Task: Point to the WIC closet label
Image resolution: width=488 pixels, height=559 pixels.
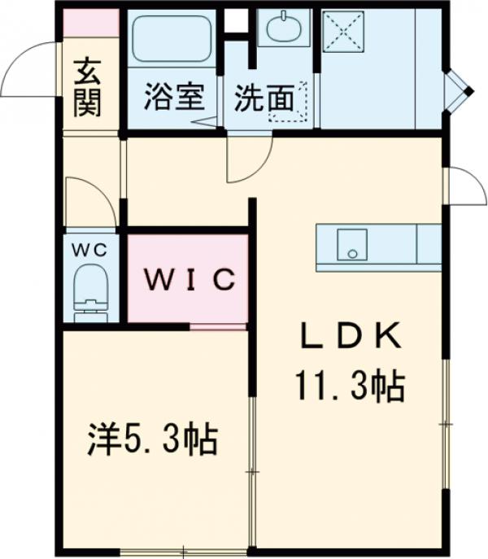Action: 190,280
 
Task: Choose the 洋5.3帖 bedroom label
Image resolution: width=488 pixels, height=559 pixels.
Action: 153,440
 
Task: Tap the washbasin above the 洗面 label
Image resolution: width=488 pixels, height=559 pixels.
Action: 282,30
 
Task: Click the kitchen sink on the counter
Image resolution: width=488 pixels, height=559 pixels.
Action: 352,243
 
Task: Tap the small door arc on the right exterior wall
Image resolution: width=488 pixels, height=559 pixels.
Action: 463,187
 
